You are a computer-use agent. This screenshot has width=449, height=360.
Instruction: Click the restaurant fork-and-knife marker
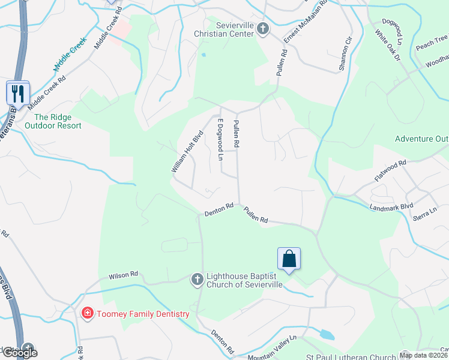tap(17, 93)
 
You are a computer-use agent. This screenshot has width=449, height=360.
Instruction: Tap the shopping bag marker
tap(289, 259)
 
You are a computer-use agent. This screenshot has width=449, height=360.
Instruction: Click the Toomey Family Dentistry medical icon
tap(87, 313)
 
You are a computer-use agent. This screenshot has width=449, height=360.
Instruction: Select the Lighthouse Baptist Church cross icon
tap(197, 279)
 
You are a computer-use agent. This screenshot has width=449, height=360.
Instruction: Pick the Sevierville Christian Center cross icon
tap(262, 28)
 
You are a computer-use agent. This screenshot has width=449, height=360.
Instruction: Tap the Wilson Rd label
tap(123, 275)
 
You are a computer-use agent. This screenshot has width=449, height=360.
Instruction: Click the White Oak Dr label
tap(387, 46)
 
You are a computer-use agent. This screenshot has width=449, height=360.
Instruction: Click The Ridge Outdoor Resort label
tap(53, 121)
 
